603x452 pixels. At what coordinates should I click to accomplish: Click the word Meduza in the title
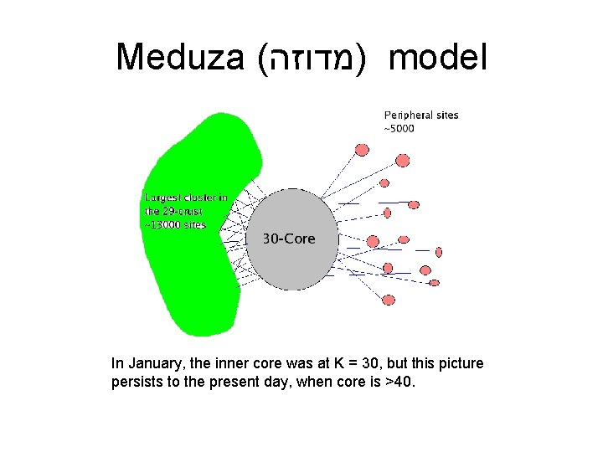pos(178,58)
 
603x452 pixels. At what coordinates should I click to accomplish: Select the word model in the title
pos(438,58)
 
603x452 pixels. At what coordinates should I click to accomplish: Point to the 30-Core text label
pos(289,239)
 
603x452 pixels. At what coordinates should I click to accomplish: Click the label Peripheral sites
pos(421,115)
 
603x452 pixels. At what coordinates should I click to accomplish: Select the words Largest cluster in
pos(185,198)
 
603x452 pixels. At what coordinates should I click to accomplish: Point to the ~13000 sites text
pos(175,224)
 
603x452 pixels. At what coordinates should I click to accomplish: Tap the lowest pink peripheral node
pos(388,299)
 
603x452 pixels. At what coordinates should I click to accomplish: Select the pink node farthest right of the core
pos(439,251)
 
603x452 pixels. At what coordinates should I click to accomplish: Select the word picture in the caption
pos(461,364)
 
